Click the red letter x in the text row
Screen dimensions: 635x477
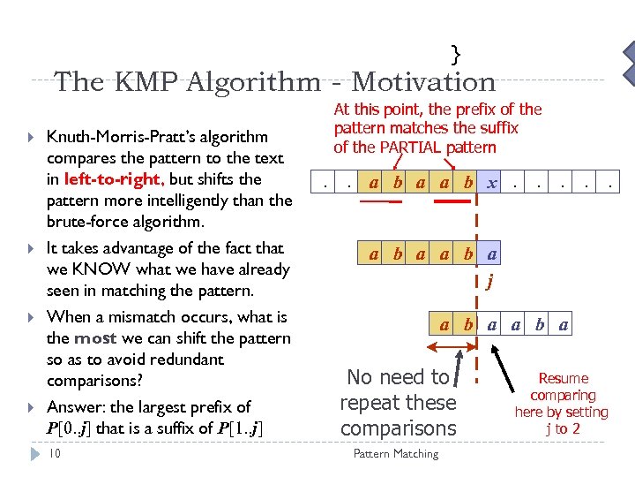(492, 184)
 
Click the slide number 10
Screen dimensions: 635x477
(54, 453)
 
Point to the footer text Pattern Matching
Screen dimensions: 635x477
(395, 454)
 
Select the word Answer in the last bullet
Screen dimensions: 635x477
(75, 407)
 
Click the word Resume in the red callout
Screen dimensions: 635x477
(563, 379)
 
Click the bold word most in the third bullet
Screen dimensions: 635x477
(100, 338)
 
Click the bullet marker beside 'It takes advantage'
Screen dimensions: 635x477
(31, 249)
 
